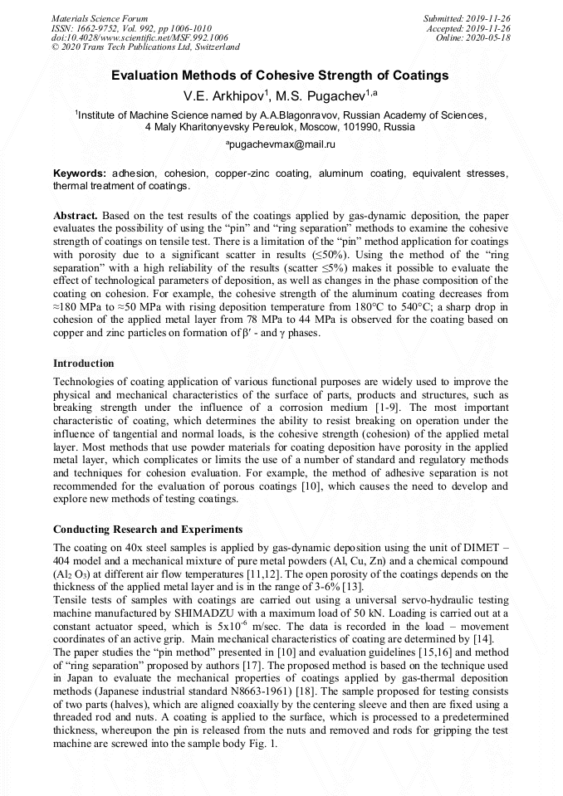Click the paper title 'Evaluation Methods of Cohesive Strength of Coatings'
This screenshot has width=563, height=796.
coord(281,76)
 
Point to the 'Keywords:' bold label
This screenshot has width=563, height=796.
coord(79,173)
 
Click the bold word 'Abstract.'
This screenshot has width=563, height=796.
coord(76,215)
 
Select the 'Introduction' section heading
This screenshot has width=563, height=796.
coord(84,364)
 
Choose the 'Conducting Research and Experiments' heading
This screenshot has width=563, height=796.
coord(148,529)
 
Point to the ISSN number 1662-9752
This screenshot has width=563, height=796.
coord(99,28)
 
